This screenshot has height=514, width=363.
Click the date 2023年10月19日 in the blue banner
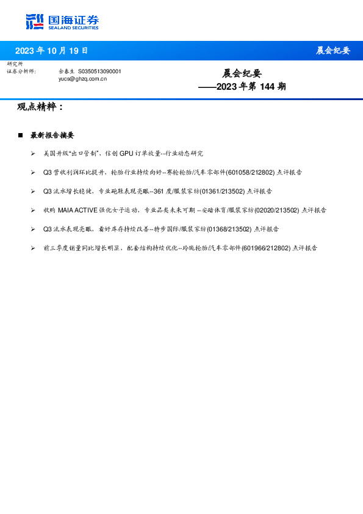pos(51,51)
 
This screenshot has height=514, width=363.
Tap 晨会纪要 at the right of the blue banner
pos(332,51)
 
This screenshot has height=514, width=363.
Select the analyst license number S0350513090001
pos(99,71)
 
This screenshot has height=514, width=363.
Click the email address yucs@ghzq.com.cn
pos(82,79)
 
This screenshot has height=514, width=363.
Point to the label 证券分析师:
pos(21,71)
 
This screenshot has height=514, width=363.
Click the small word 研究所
pos(15,64)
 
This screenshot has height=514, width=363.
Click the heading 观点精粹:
pos(40,107)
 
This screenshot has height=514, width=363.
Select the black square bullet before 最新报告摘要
pos(20,135)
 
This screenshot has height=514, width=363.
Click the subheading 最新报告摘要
pos(52,135)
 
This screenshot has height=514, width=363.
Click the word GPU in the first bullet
pos(126,154)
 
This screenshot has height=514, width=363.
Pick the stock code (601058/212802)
pos(250,173)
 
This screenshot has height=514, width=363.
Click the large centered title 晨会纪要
pos(242,73)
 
